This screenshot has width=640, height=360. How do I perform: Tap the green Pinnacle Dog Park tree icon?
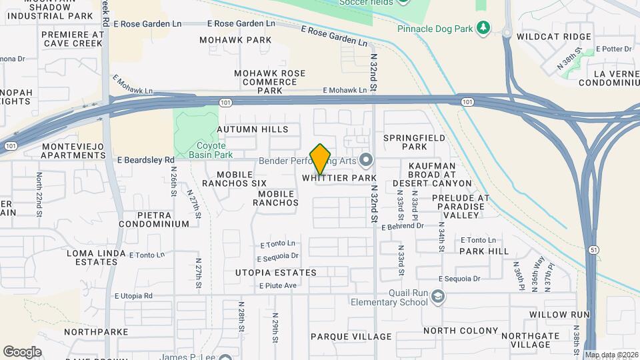tap(483, 28)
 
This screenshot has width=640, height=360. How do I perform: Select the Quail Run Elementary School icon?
tap(438, 296)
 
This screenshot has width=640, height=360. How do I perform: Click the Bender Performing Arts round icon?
tap(365, 160)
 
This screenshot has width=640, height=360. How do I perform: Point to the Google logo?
tap(21, 351)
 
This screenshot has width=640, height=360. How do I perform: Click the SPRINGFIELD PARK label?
tap(414, 142)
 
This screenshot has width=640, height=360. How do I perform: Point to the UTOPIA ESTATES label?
tap(275, 273)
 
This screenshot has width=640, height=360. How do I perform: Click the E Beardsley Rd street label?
tap(145, 160)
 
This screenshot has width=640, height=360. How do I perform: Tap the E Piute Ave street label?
tap(278, 286)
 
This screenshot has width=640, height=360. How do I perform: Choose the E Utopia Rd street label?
tap(134, 295)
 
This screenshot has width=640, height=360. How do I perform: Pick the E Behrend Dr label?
tap(403, 226)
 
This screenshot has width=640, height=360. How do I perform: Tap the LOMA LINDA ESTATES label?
tap(93, 257)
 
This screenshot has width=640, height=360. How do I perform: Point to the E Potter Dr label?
tap(613, 49)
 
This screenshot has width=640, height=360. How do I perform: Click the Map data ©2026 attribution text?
tap(611, 355)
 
